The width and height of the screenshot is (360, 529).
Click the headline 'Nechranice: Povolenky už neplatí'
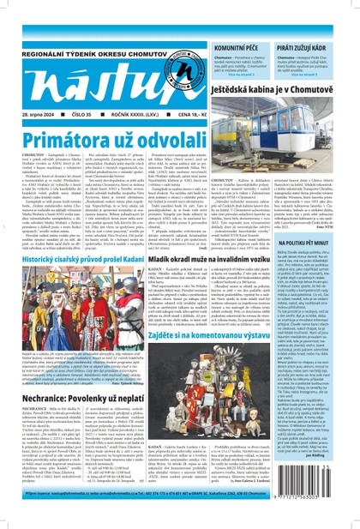(84, 375)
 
